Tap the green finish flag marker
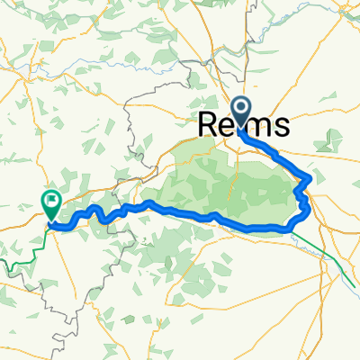(51, 203)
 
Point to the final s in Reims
(282, 125)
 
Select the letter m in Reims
(262, 125)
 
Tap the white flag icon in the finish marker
(51, 200)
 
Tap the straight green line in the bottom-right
(337, 261)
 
